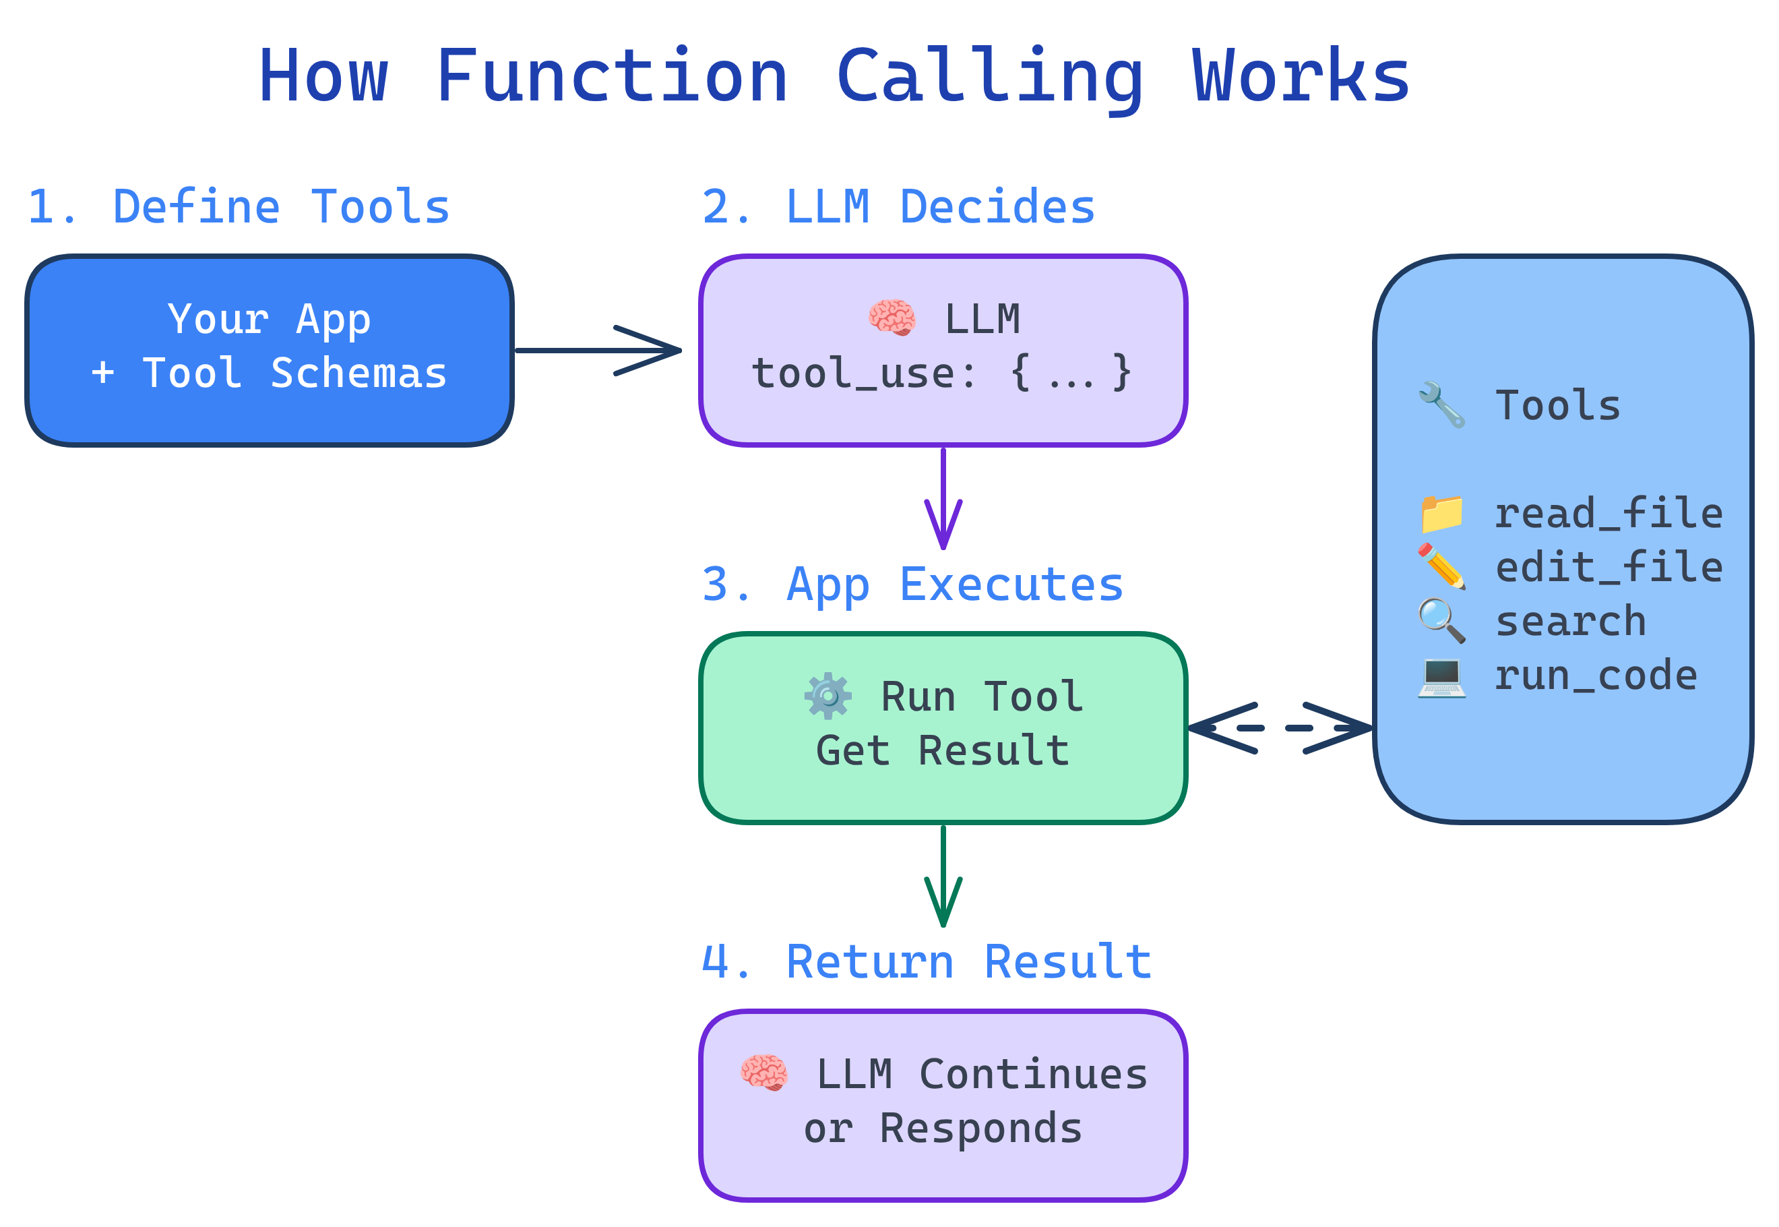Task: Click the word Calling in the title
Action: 989,77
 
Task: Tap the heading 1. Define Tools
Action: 239,208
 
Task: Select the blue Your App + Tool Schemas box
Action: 269,351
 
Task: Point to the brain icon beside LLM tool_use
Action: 892,318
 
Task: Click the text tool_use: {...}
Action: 941,373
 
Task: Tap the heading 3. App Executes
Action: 912,585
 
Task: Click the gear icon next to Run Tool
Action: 828,696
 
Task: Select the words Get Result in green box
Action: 942,751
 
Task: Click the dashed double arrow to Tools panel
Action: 1280,727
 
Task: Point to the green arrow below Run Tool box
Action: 943,876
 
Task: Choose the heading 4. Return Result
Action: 926,963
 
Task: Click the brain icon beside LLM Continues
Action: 763,1073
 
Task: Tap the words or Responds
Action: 942,1129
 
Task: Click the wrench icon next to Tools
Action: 1441,405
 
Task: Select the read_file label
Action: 1608,514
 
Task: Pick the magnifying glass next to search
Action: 1441,621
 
